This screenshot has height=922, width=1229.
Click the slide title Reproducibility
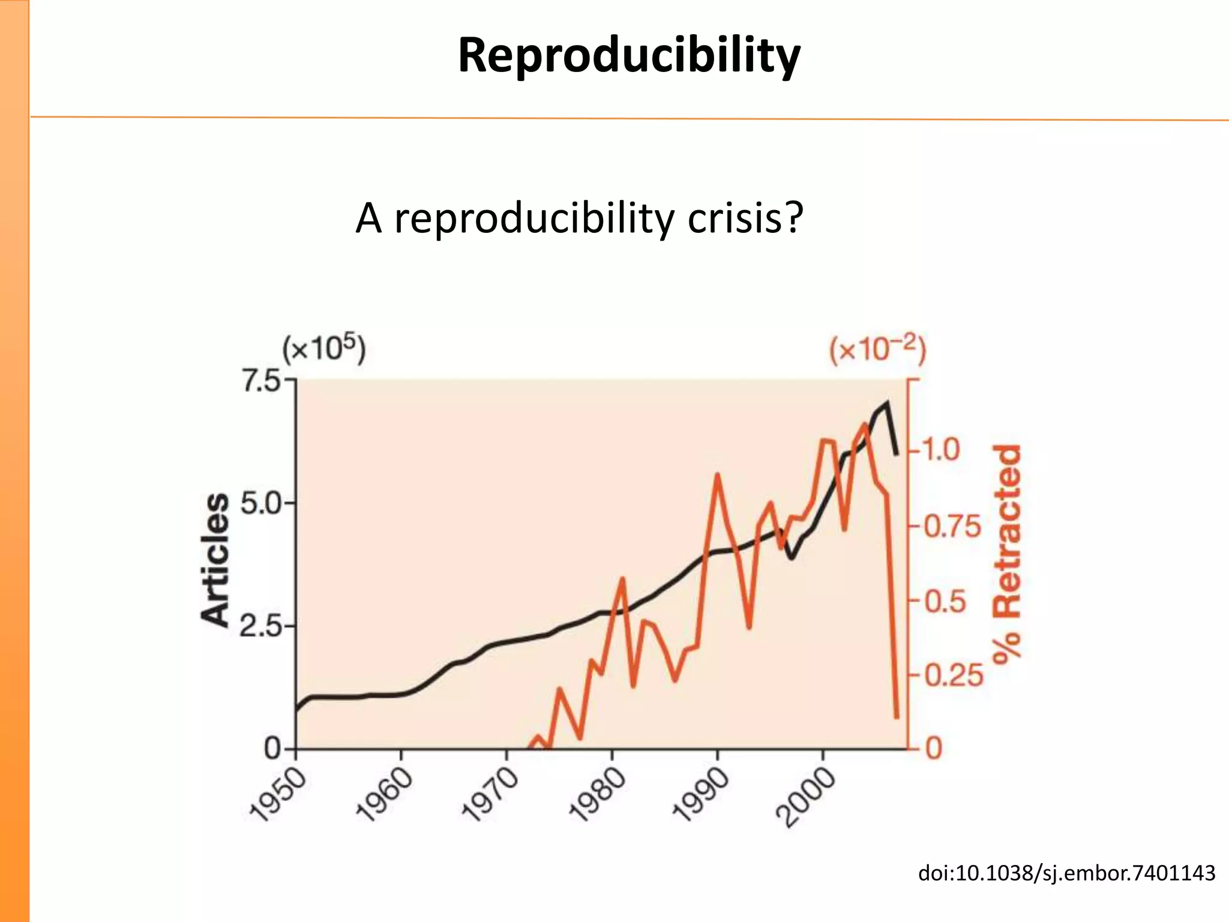click(x=628, y=55)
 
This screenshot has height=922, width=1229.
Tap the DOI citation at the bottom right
click(x=1066, y=873)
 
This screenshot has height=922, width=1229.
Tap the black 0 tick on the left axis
click(x=273, y=749)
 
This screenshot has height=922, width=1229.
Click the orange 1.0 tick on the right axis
click(x=940, y=450)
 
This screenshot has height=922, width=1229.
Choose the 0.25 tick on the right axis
click(x=954, y=676)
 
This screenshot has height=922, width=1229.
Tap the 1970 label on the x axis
click(x=490, y=795)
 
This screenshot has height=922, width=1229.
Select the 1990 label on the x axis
click(x=700, y=795)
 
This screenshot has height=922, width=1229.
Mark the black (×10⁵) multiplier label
click(x=324, y=349)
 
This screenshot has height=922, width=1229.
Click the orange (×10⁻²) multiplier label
click(x=877, y=349)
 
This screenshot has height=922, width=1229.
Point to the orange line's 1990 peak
click(x=717, y=475)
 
